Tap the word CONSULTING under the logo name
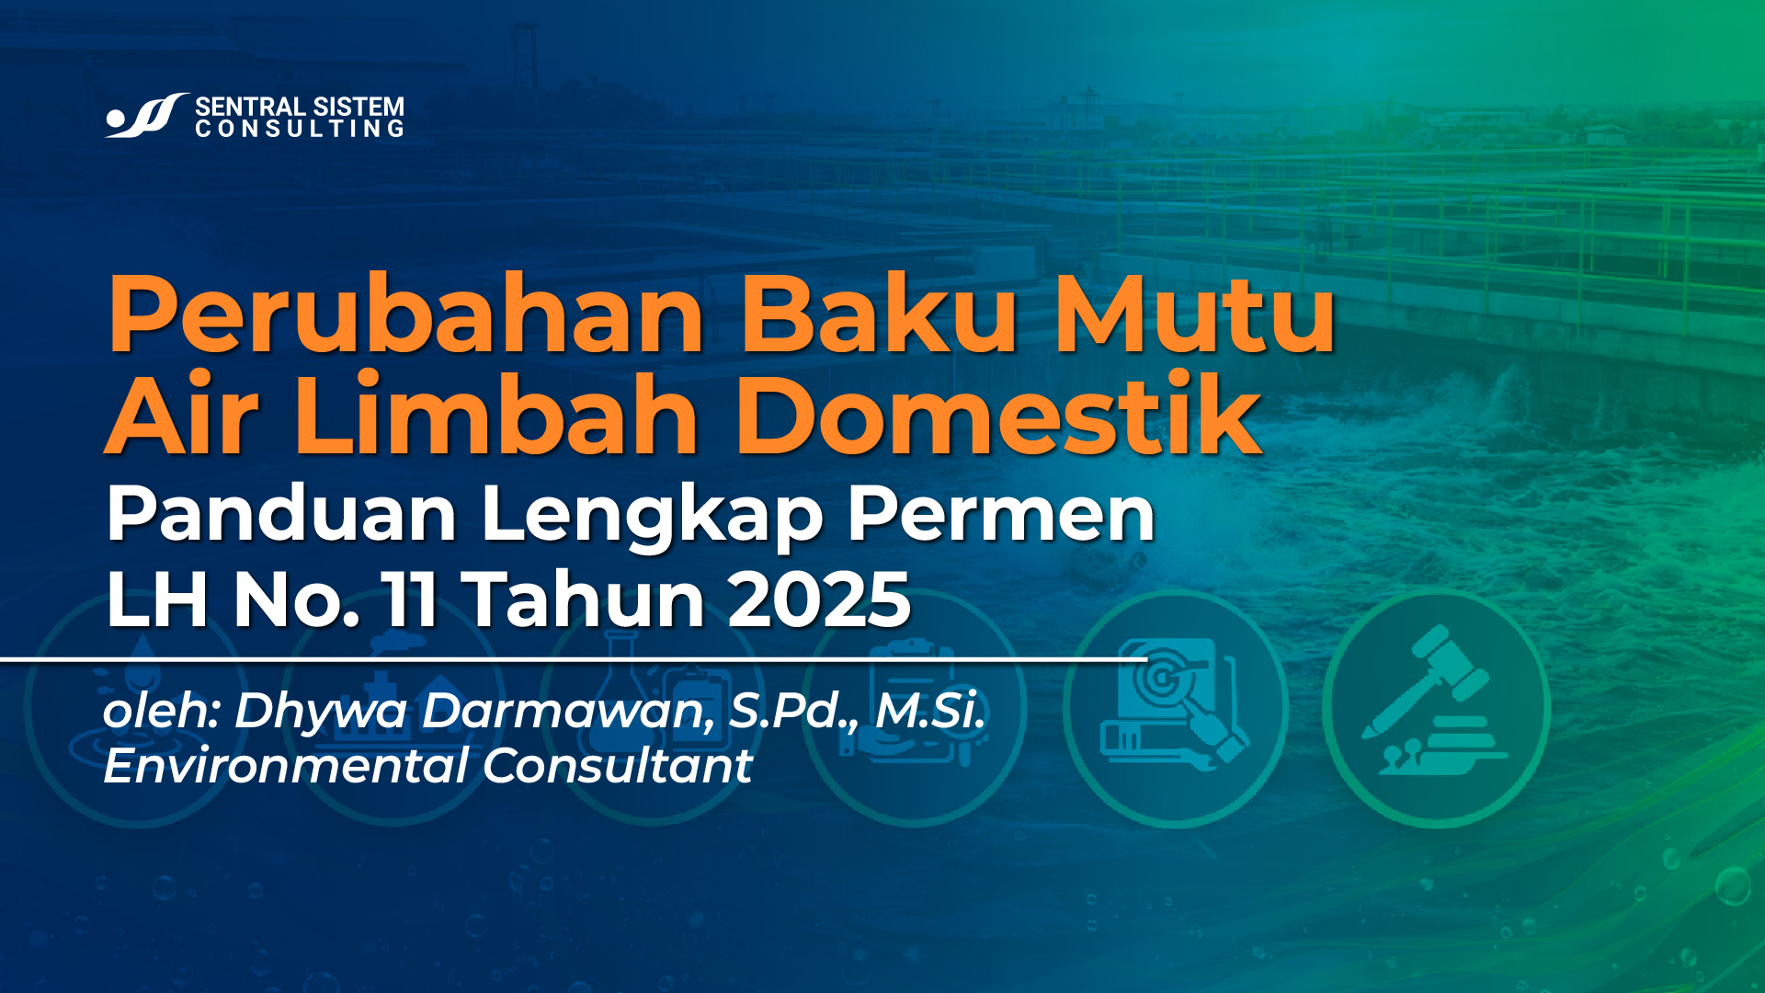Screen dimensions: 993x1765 pyautogui.click(x=300, y=130)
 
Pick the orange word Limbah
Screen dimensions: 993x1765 pyautogui.click(x=496, y=416)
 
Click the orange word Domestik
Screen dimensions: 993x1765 pyautogui.click(x=998, y=416)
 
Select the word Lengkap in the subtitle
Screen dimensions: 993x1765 pyautogui.click(x=651, y=515)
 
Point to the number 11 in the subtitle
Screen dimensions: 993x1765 pyautogui.click(x=411, y=599)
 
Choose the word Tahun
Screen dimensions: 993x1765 pyautogui.click(x=586, y=599)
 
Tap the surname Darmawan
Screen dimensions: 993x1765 pyautogui.click(x=566, y=711)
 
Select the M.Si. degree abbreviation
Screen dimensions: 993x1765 pyautogui.click(x=929, y=711)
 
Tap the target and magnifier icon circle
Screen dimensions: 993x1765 pyautogui.click(x=1175, y=708)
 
